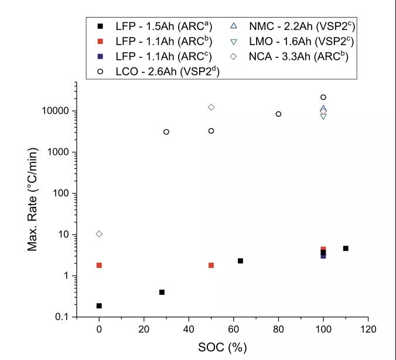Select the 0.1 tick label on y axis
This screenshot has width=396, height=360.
pos(63,317)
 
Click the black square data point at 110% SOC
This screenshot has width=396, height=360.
pos(346,249)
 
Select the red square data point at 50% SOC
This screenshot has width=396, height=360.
pos(211,265)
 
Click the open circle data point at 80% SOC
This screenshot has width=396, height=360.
pos(278,114)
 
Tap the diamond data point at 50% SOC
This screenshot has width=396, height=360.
pos(211,107)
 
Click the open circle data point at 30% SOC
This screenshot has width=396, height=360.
pos(166,132)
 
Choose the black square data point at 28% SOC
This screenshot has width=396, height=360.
pos(162,292)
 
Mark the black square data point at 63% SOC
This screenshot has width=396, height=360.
pos(240,261)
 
